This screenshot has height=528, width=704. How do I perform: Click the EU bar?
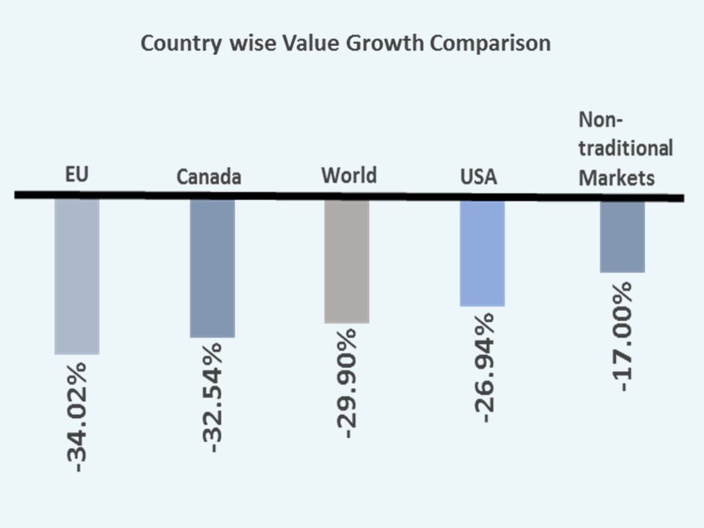click(x=77, y=276)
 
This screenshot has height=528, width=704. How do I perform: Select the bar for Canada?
click(x=212, y=268)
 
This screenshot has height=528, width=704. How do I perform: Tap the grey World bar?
click(x=346, y=261)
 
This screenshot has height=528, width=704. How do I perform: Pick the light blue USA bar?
click(x=482, y=253)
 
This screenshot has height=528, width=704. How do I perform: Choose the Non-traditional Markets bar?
click(x=622, y=236)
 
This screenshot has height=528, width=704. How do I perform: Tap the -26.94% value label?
click(x=483, y=367)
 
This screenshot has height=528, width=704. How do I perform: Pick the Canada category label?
click(x=209, y=177)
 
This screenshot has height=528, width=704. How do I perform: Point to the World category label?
click(x=348, y=175)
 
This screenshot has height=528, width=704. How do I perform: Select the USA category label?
click(x=478, y=177)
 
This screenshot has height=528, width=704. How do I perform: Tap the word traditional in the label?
click(x=626, y=148)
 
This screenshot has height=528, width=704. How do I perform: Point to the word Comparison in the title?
click(x=490, y=45)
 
